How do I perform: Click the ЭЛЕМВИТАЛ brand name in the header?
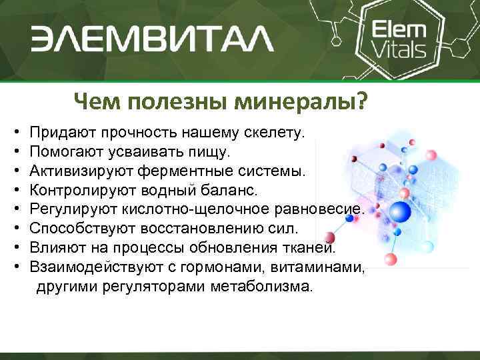[x=152, y=39]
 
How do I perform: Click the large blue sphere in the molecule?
[x=399, y=213]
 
